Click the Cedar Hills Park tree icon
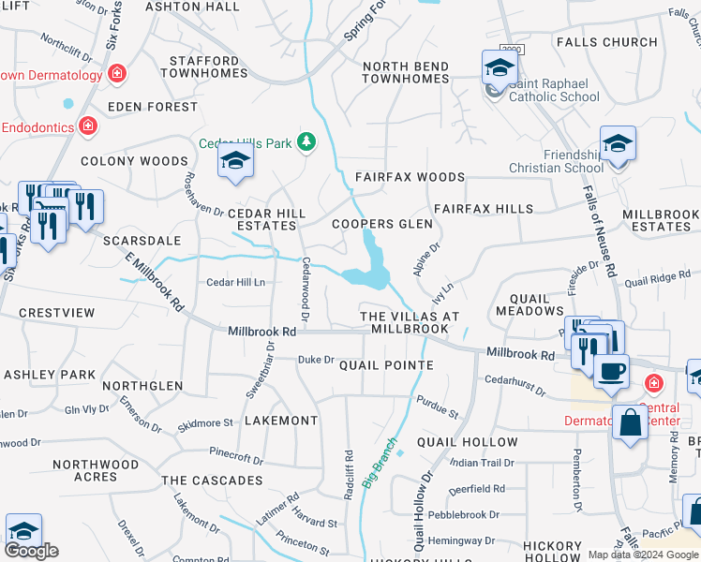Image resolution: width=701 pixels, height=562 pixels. click(306, 142)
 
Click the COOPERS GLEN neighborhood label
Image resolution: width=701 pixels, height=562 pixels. click(382, 224)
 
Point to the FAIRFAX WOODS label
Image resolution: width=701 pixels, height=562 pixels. click(410, 177)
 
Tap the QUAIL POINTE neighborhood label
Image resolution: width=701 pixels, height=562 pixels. click(386, 365)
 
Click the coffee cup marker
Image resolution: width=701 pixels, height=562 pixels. click(611, 369)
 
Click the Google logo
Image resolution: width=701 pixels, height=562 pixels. click(32, 550)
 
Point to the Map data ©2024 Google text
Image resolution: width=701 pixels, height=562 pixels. click(643, 555)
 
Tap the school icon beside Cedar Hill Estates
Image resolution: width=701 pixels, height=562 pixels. click(235, 162)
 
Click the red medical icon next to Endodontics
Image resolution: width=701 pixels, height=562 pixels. click(87, 125)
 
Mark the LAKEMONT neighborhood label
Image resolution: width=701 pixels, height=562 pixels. click(281, 421)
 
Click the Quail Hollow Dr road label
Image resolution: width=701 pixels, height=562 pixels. click(419, 510)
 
